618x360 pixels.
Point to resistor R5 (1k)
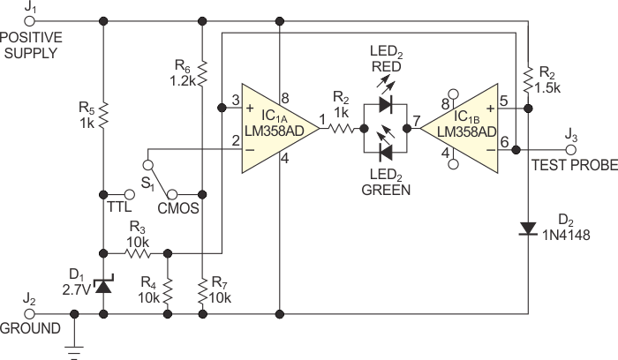pos(103,113)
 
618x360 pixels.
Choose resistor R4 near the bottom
pos(168,288)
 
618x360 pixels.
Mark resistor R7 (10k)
pos(203,288)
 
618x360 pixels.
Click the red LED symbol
pos(386,104)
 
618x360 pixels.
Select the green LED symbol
pos(386,151)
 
